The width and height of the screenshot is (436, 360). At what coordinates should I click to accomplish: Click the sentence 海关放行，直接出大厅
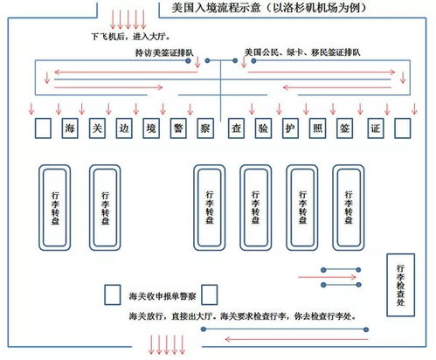170,316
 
